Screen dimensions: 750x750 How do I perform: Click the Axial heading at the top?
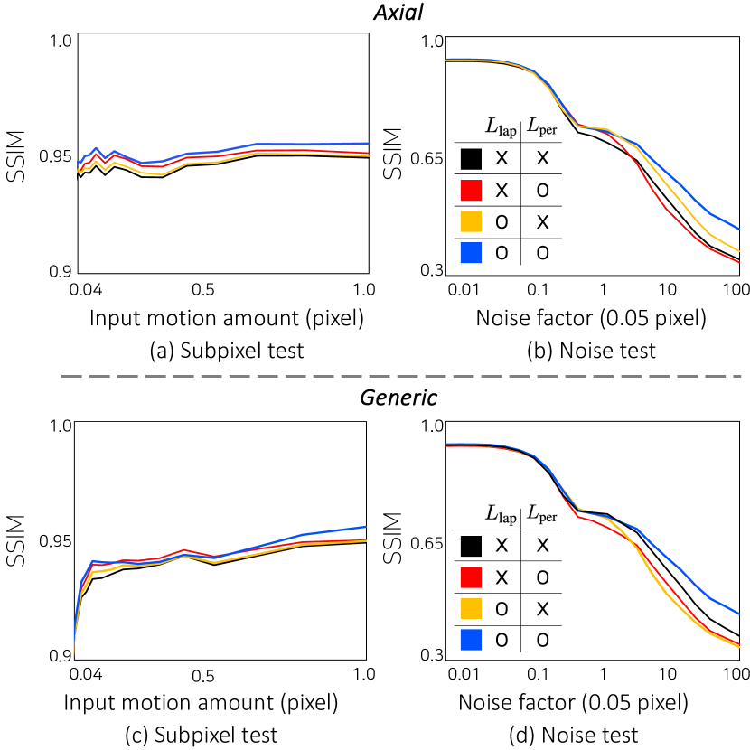pyautogui.click(x=374, y=14)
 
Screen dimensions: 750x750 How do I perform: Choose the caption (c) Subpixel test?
pyautogui.click(x=202, y=734)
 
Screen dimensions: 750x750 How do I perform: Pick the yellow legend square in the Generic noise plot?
pyautogui.click(x=470, y=607)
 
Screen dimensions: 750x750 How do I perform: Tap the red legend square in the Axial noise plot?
pyautogui.click(x=470, y=189)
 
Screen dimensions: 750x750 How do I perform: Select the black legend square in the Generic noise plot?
pyautogui.click(x=470, y=545)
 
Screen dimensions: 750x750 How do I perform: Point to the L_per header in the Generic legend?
pyautogui.click(x=541, y=513)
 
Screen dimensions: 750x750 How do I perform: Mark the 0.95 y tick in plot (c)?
pyautogui.click(x=54, y=541)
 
